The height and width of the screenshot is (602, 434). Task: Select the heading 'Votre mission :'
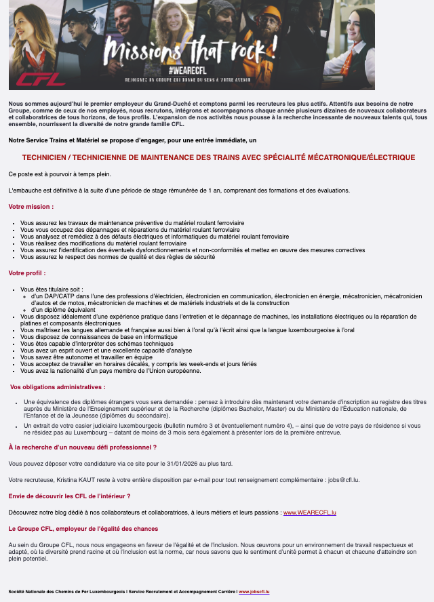coord(31,206)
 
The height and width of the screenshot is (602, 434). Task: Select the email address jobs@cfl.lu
coord(347,480)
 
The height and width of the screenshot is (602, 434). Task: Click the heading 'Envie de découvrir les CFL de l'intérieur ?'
coord(69,496)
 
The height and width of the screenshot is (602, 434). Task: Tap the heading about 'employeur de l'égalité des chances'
coord(83,528)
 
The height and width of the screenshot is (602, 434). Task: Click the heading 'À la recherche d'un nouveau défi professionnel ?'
coord(83,447)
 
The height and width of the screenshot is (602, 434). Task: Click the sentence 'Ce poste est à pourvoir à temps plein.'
coord(60,174)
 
